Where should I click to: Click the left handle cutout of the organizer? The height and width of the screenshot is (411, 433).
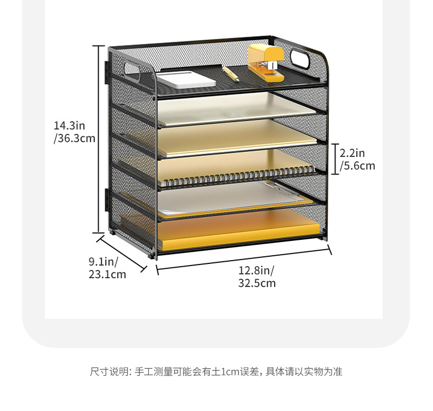(132, 69)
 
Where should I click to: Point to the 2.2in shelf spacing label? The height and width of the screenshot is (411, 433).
(352, 153)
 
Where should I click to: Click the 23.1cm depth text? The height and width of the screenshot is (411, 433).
(107, 274)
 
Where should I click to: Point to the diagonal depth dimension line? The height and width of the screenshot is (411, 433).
(121, 253)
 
